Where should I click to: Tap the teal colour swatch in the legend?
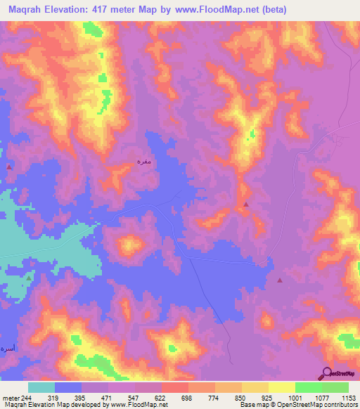[41, 387]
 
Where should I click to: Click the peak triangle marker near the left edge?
[8, 167]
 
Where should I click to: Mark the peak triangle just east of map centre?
[245, 204]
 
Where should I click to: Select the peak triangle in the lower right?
[280, 280]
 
